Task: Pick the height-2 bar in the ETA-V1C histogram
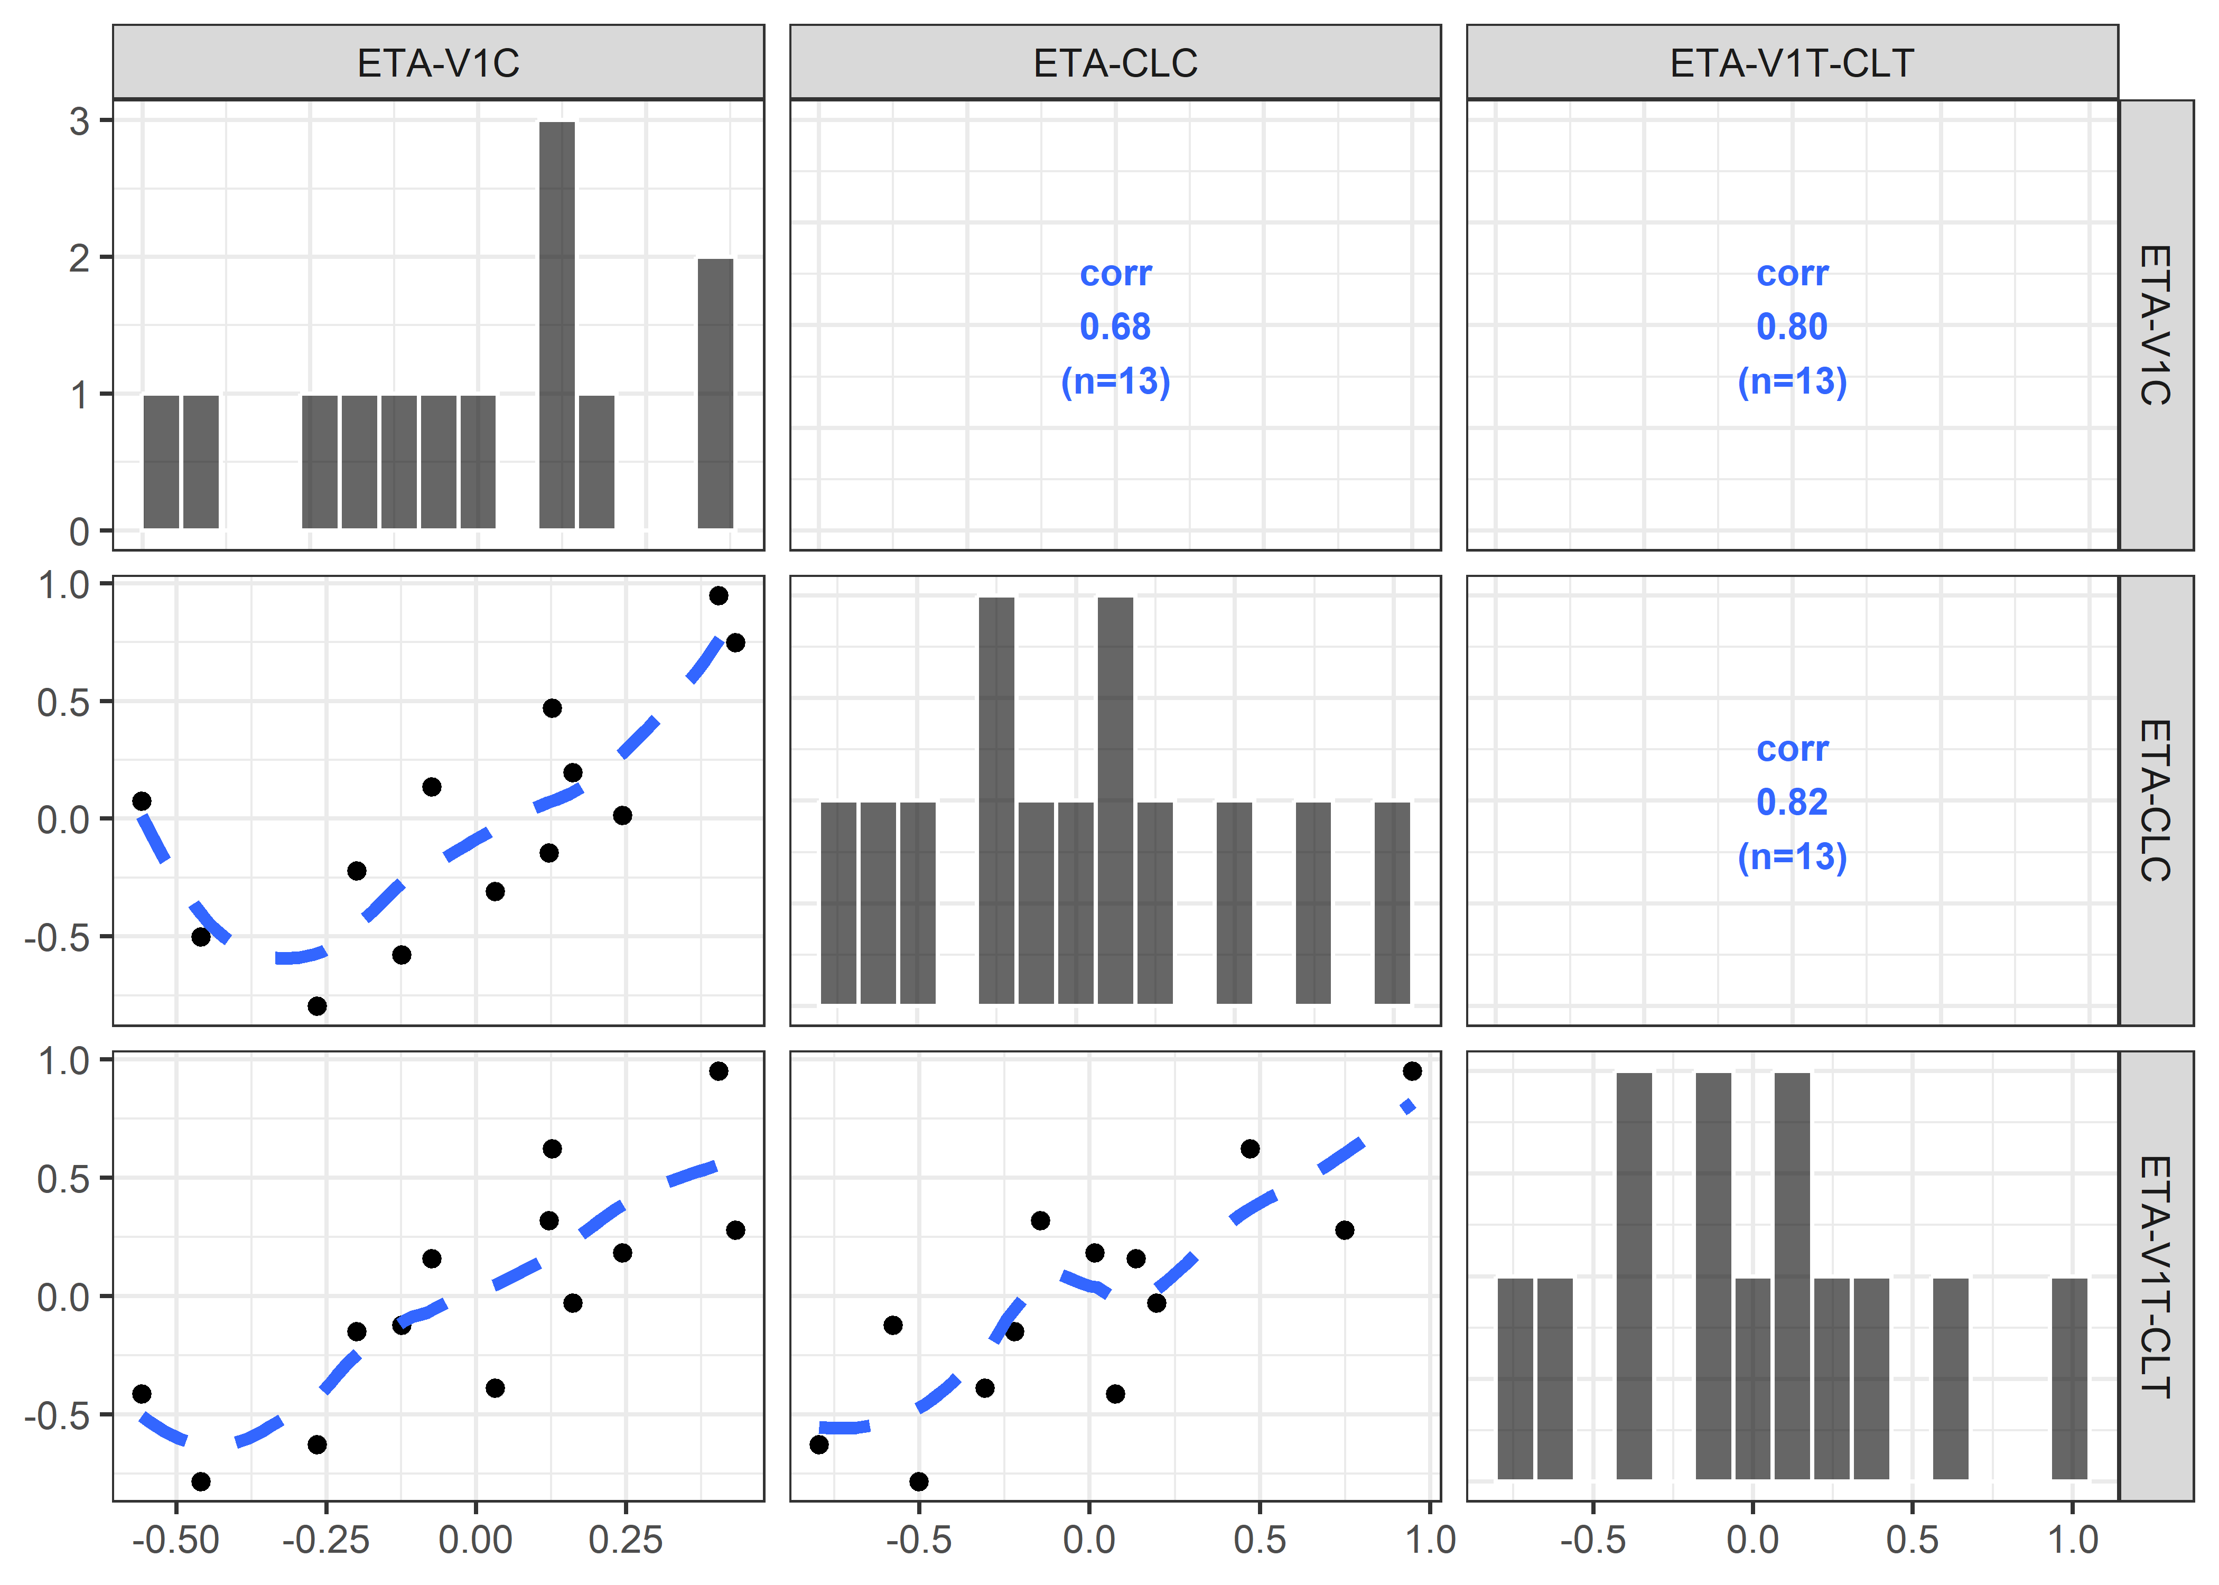715,393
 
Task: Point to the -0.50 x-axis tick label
175,1540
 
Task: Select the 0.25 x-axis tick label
626,1540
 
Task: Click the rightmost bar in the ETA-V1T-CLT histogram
2069,1378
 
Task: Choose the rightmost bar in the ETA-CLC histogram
1392,903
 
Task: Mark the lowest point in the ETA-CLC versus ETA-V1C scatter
317,1005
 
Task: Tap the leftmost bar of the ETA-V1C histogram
161,462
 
